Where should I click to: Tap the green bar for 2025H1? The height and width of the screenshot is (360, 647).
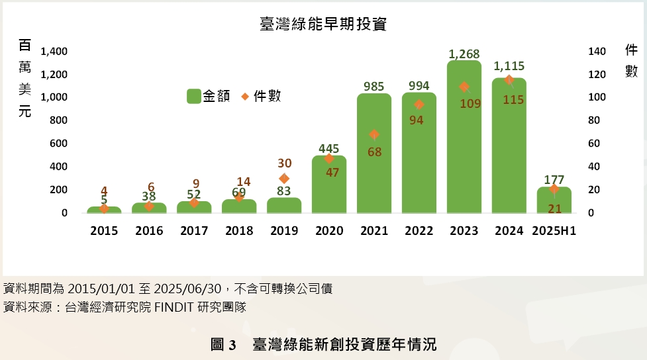click(554, 202)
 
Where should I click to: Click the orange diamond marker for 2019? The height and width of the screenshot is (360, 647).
click(284, 178)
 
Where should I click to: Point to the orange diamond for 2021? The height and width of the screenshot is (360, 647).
click(374, 134)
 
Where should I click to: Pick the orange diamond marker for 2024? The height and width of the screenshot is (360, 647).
click(509, 80)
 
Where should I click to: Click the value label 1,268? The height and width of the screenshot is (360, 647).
click(464, 54)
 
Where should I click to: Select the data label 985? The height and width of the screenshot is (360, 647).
click(374, 86)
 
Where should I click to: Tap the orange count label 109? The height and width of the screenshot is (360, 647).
click(470, 104)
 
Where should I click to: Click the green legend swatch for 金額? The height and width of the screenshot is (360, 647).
click(193, 97)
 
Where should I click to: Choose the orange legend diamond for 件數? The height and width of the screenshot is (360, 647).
click(244, 97)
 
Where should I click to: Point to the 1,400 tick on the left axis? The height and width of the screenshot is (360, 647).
click(54, 52)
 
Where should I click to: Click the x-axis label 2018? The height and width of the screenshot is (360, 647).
click(239, 231)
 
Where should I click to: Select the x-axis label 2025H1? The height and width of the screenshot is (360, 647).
click(554, 231)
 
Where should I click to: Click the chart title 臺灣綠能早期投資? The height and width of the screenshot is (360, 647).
click(323, 24)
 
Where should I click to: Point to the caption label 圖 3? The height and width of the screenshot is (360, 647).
click(223, 345)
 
